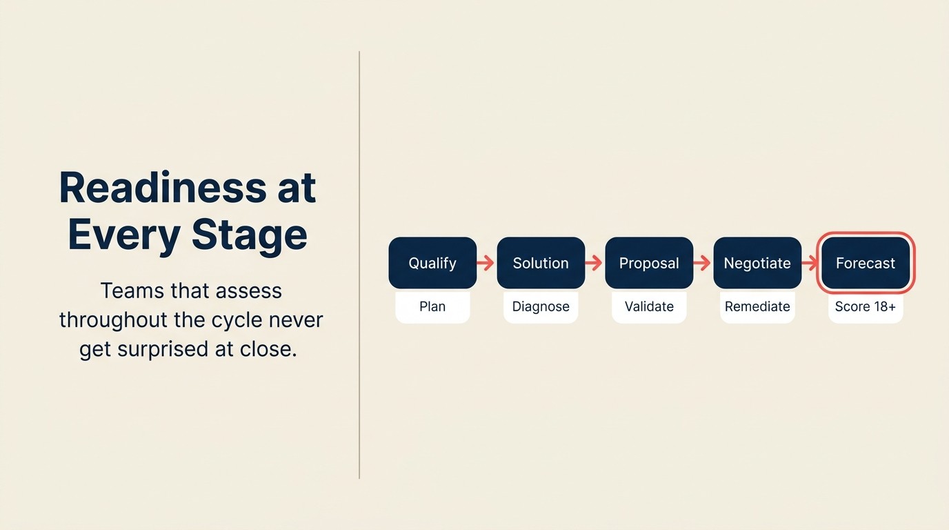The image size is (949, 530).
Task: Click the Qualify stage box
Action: click(x=432, y=263)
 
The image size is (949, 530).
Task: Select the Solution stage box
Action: click(x=541, y=263)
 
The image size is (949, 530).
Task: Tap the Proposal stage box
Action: click(x=649, y=263)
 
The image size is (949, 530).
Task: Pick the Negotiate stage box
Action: click(x=757, y=263)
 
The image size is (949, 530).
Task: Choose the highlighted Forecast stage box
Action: click(x=866, y=263)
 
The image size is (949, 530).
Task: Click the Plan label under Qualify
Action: click(x=432, y=306)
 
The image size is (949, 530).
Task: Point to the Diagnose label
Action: click(x=541, y=306)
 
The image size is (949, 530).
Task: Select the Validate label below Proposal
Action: click(x=649, y=306)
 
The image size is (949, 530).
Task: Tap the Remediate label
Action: click(x=757, y=306)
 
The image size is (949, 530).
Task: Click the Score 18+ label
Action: click(x=866, y=306)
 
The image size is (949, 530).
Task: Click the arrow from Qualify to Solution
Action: click(x=486, y=263)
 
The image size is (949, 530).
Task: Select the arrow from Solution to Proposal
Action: click(x=595, y=263)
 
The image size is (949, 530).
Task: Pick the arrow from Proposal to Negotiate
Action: click(x=703, y=263)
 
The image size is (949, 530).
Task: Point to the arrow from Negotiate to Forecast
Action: click(x=810, y=263)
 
